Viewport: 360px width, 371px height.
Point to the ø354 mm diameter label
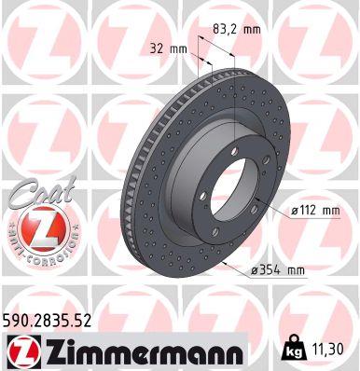point(279,270)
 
